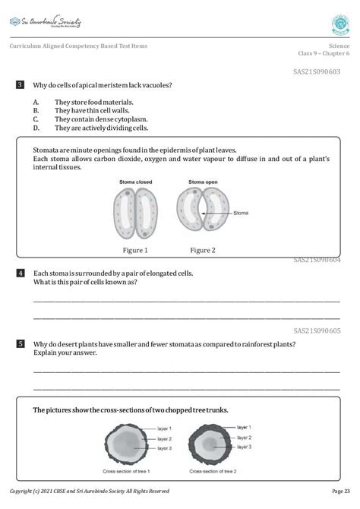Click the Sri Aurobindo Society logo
[45, 22]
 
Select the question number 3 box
[20, 85]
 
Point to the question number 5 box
[20, 344]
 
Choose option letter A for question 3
[36, 102]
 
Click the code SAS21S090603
[317, 71]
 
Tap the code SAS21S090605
[317, 330]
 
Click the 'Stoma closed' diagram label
[135, 182]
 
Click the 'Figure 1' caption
[135, 250]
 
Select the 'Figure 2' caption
[203, 250]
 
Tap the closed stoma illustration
[135, 213]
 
